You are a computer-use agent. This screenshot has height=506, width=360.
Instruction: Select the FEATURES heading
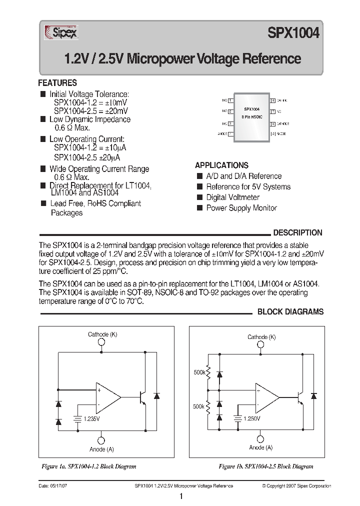57,83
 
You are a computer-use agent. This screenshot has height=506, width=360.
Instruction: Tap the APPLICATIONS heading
221,165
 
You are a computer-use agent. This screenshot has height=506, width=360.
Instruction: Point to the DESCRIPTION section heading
297,232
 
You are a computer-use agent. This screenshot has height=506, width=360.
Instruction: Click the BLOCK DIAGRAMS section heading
290,311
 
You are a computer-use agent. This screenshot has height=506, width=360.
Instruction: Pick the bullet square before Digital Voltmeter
199,197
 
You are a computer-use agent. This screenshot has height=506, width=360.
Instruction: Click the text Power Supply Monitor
241,208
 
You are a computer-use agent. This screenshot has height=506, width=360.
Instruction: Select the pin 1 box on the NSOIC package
230,100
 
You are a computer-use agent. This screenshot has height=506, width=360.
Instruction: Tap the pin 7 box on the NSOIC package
273,111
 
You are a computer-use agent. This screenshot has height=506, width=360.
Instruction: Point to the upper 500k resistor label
199,372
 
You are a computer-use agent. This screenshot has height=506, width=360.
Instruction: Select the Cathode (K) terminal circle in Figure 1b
261,346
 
